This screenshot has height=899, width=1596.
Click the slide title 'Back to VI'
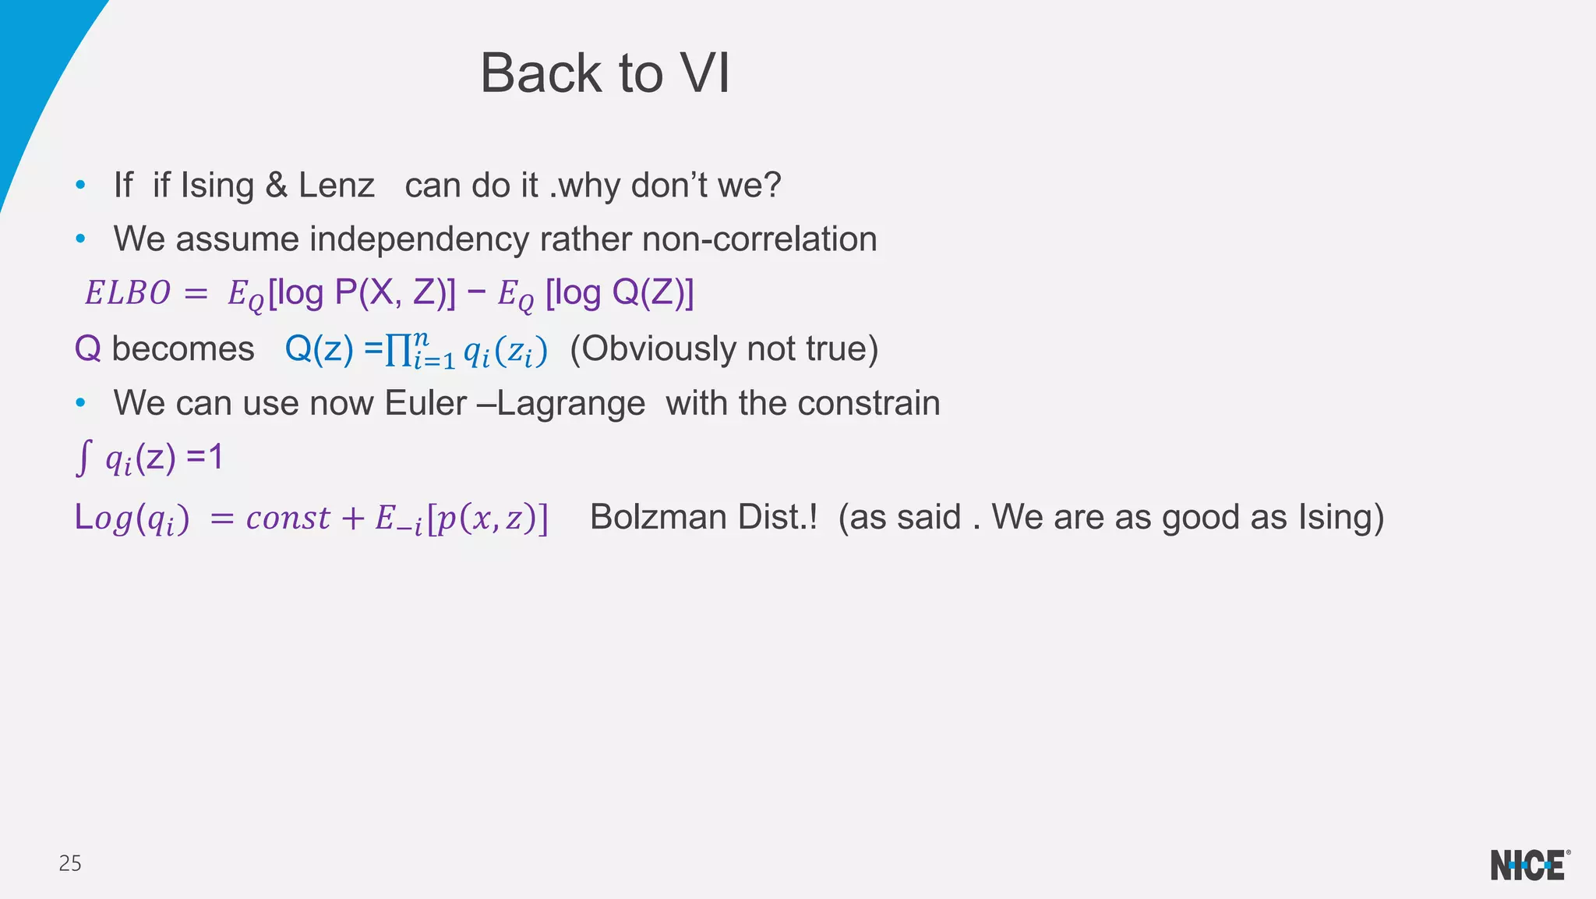click(x=605, y=73)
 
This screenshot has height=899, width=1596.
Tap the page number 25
click(x=70, y=863)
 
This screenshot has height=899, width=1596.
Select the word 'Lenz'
click(x=337, y=186)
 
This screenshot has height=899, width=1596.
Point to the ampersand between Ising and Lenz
click(x=276, y=186)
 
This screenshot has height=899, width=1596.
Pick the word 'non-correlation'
click(x=759, y=239)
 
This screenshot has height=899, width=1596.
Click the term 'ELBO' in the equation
click(x=127, y=293)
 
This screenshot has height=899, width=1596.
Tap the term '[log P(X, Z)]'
click(x=362, y=293)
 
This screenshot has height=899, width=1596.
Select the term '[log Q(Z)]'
click(x=620, y=293)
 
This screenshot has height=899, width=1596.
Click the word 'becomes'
click(x=183, y=349)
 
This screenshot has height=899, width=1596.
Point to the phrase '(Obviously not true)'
click(x=724, y=349)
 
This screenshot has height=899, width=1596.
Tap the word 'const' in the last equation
click(x=288, y=518)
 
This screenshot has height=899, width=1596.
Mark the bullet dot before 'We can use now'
click(x=80, y=403)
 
